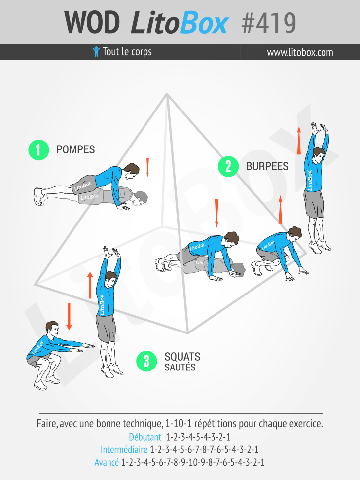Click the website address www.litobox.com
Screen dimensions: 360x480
pos(300,52)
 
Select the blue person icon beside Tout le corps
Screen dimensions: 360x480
pos(96,51)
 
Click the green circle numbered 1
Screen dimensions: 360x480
pos(38,149)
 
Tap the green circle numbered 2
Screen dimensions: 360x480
pos(228,166)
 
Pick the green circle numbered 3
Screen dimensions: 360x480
pos(146,361)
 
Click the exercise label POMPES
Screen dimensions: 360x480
pos(75,149)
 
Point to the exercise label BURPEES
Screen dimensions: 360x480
pos(267,166)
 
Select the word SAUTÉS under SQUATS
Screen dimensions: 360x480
pos(180,367)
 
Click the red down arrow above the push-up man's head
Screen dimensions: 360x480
pos(147,167)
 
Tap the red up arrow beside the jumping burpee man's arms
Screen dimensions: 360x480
pos(299,141)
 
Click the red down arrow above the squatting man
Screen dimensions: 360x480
pos(69,317)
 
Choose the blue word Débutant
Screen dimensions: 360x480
pos(145,437)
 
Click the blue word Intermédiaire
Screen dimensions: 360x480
pos(124,449)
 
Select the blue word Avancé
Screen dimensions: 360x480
pos(107,462)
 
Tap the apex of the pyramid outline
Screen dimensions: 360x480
pos(167,94)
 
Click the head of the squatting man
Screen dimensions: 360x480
pos(52,330)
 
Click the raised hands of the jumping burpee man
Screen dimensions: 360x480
pos(319,128)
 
